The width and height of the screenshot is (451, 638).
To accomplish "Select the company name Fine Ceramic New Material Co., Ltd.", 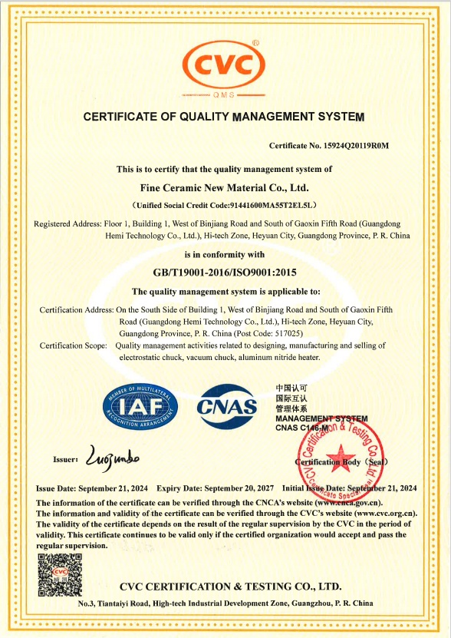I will point(225,187).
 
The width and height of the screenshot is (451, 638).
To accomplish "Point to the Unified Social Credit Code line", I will point(225,205).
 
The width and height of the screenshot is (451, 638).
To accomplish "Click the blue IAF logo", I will point(140,407).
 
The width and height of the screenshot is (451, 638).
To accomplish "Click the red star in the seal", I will point(341,458).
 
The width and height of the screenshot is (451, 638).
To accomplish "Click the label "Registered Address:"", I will point(67,223).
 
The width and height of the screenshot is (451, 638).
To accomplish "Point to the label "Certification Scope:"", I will point(73,345).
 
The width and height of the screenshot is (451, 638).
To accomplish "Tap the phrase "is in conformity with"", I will point(225,253).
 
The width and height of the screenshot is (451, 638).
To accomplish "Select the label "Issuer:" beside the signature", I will point(65,459).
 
